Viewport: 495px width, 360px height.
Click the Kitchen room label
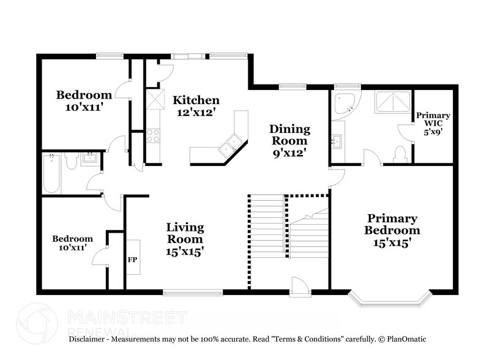[x=196, y=106]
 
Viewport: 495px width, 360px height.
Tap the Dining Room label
[x=289, y=141]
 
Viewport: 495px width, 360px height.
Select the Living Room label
[x=185, y=239]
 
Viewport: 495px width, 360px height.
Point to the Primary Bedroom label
[x=392, y=230]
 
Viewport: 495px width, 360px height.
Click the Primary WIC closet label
[x=433, y=124]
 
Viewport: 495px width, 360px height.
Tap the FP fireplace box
[x=133, y=257]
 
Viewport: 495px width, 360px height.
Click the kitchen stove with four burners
[x=153, y=136]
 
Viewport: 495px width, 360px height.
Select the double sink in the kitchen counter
[x=229, y=146]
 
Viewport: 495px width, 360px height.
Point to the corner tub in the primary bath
[x=346, y=104]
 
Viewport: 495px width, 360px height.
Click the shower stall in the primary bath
[x=393, y=102]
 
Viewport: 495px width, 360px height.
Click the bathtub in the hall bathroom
[x=51, y=173]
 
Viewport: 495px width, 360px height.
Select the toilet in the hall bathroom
[x=71, y=160]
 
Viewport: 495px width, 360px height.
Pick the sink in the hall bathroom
[x=90, y=159]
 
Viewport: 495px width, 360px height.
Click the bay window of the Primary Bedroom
[x=390, y=299]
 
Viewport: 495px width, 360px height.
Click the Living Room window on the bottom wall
[x=193, y=293]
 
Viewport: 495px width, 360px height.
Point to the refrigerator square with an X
[x=155, y=99]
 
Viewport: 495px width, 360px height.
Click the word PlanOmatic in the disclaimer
[x=407, y=339]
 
